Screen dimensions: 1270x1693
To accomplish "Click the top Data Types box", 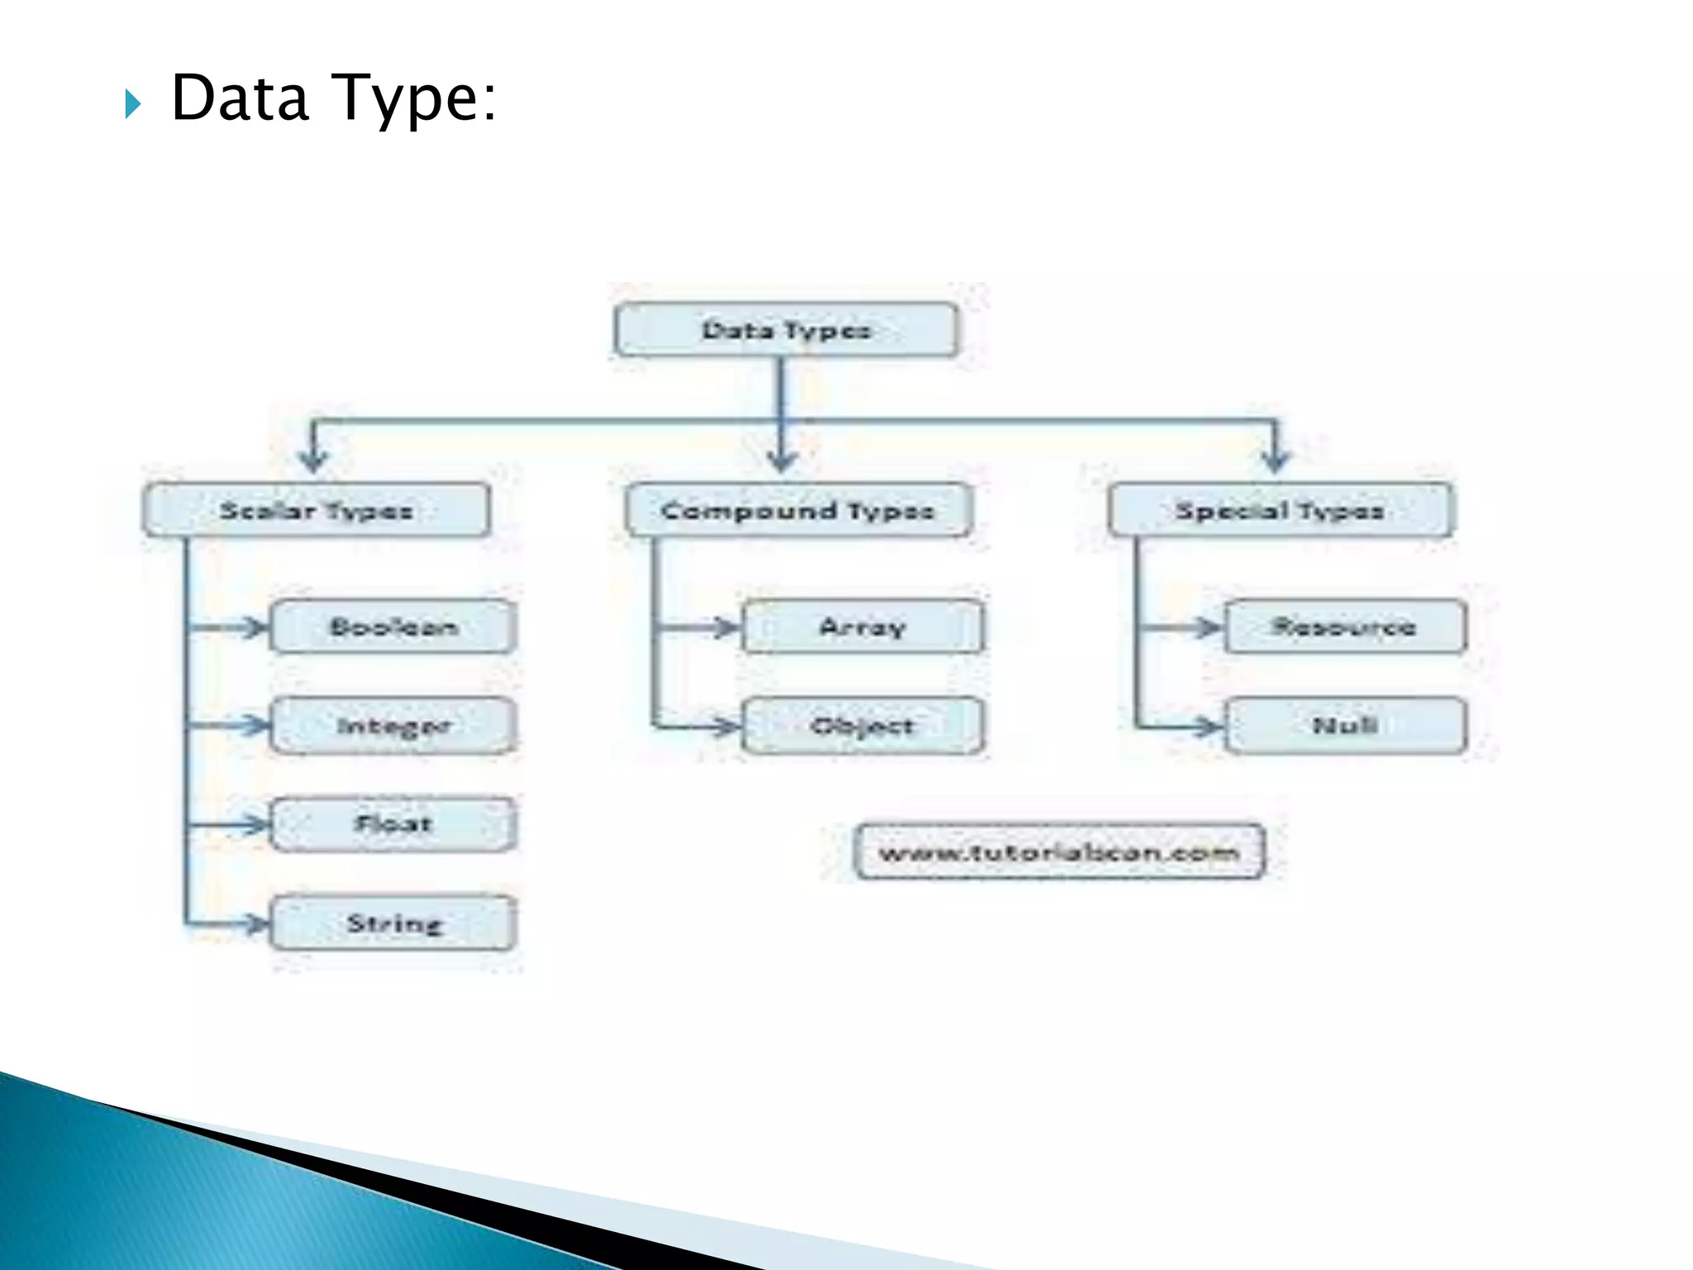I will pyautogui.click(x=786, y=330).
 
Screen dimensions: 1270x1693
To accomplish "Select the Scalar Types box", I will pyautogui.click(x=317, y=510).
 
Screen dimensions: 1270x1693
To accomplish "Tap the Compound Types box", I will pyautogui.click(x=799, y=510).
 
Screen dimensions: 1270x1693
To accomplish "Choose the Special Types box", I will pyautogui.click(x=1280, y=510).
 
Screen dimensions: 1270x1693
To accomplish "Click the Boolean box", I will pyautogui.click(x=394, y=627).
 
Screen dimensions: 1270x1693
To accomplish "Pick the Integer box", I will pyautogui.click(x=394, y=726).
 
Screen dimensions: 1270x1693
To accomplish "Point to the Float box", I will pyautogui.click(x=394, y=824).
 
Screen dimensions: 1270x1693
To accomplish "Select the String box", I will pyautogui.click(x=394, y=923).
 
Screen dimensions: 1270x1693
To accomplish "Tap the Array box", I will pyautogui.click(x=863, y=627).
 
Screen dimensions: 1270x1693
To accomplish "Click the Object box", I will pyautogui.click(x=863, y=726).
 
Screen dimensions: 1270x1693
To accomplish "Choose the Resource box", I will pyautogui.click(x=1345, y=627).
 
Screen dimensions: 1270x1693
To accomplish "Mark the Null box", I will pyautogui.click(x=1345, y=726).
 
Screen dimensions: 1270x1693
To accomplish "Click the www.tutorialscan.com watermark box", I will pyautogui.click(x=1059, y=851).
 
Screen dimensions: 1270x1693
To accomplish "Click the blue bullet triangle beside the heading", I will pyautogui.click(x=133, y=104).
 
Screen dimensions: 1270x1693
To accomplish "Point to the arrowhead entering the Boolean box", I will pyautogui.click(x=255, y=628).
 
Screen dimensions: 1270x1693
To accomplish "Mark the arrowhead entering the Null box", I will pyautogui.click(x=1209, y=727).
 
